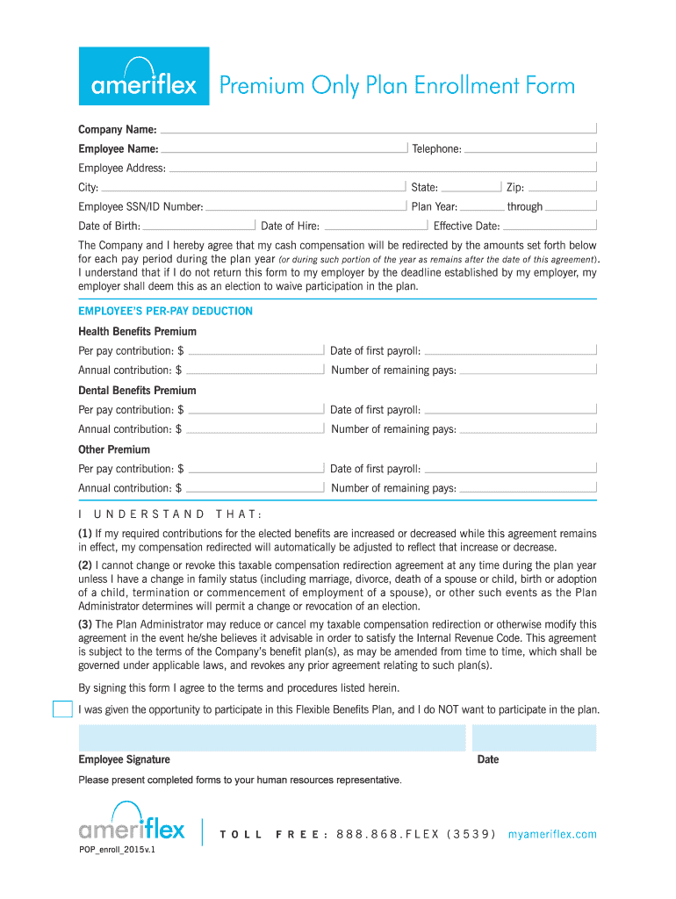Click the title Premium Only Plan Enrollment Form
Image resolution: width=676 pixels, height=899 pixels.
397,86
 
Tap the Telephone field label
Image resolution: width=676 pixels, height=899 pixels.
436,148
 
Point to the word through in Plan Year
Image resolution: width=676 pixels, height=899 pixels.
525,207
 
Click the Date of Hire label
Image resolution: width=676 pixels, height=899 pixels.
291,227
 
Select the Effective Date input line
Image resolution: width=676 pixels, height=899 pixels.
550,227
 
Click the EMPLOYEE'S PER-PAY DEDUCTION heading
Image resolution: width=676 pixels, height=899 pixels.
165,311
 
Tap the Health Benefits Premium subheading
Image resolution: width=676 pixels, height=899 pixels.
137,332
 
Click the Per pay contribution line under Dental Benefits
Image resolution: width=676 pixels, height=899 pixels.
256,410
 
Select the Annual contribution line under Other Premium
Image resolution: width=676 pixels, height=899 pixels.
255,488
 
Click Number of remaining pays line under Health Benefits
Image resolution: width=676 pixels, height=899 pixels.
528,370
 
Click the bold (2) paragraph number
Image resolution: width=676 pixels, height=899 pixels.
85,565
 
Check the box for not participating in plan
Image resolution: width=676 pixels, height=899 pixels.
62,709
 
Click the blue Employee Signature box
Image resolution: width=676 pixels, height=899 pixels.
272,738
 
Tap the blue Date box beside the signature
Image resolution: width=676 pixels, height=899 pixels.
534,738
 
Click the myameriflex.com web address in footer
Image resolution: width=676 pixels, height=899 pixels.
552,834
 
